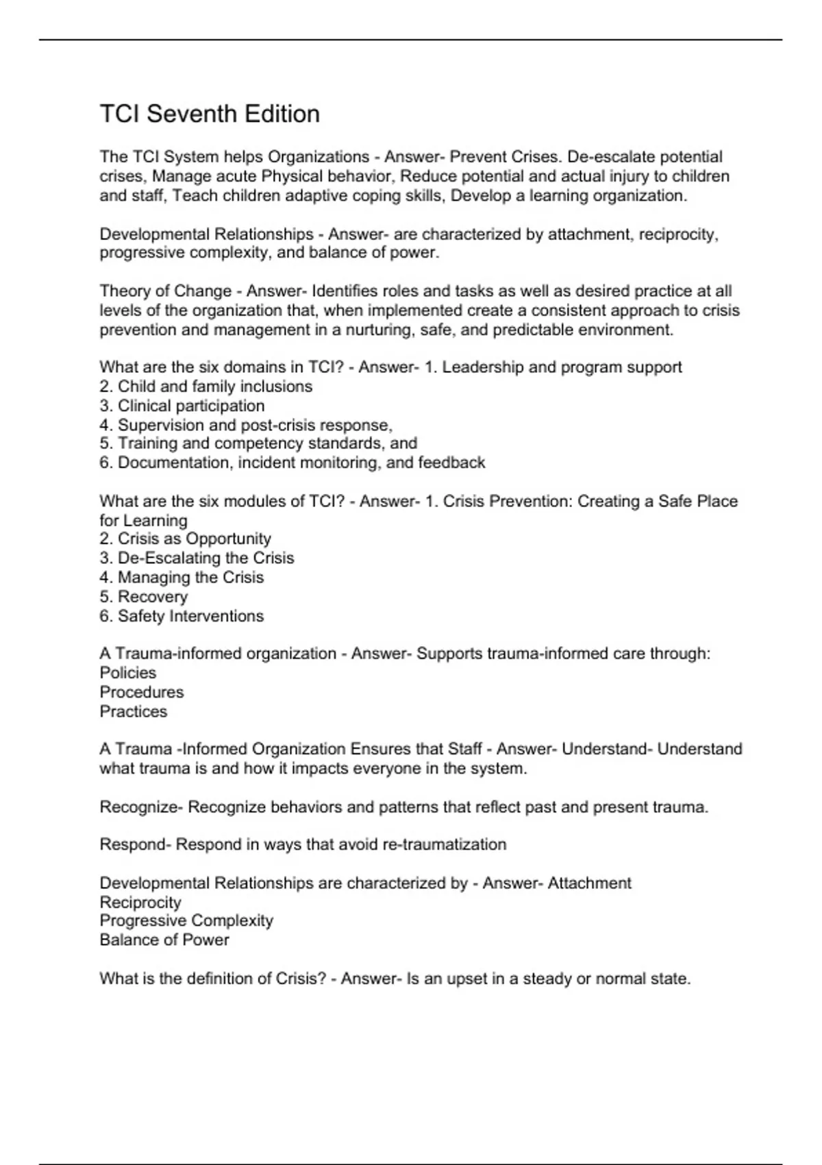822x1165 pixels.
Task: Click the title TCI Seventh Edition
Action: pyautogui.click(x=210, y=114)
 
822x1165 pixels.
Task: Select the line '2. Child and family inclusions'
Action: pyautogui.click(x=206, y=387)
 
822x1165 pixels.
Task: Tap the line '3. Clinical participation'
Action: pyautogui.click(x=182, y=406)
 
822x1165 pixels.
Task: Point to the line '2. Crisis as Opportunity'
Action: pyautogui.click(x=185, y=539)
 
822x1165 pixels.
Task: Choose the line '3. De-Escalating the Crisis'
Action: pyautogui.click(x=197, y=558)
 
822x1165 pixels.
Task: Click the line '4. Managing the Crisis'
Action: pyautogui.click(x=182, y=577)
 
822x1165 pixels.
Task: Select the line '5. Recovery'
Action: pyautogui.click(x=143, y=596)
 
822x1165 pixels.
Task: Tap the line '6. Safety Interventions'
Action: pyautogui.click(x=182, y=616)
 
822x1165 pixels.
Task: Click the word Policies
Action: pyautogui.click(x=128, y=672)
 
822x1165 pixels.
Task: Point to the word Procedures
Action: pyautogui.click(x=142, y=691)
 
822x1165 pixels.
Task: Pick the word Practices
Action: pyautogui.click(x=134, y=711)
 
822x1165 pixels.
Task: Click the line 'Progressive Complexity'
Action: pyautogui.click(x=186, y=920)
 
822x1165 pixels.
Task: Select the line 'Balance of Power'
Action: pyautogui.click(x=164, y=940)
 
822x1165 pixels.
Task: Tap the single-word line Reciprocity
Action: pyautogui.click(x=140, y=902)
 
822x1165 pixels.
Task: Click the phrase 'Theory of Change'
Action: pyautogui.click(x=165, y=291)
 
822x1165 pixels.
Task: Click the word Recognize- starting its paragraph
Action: pyautogui.click(x=140, y=807)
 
